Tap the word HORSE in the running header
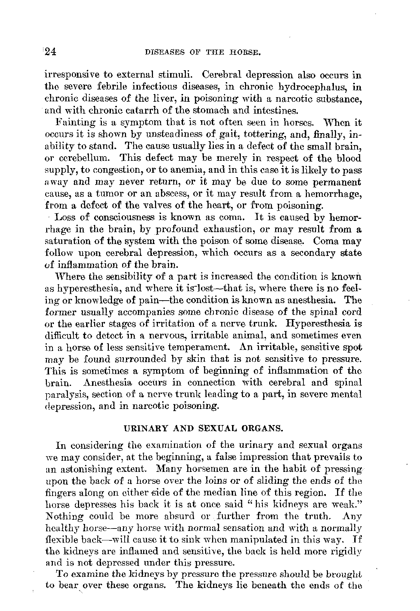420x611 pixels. coord(250,53)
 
